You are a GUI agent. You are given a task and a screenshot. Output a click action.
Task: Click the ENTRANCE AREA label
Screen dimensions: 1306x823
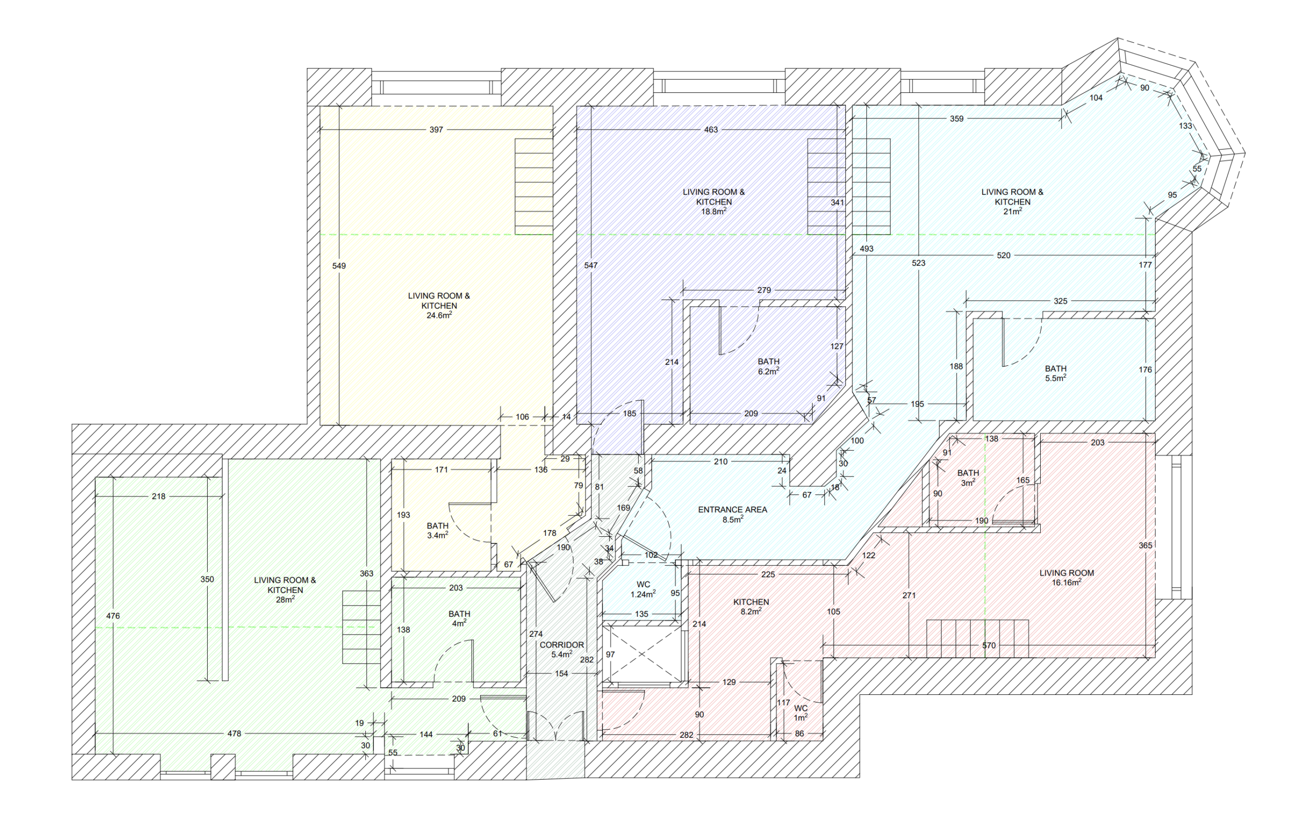click(732, 509)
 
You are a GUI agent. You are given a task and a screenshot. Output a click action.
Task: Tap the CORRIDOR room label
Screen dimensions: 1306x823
click(562, 645)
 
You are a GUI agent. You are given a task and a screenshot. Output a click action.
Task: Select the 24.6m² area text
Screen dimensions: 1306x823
click(439, 315)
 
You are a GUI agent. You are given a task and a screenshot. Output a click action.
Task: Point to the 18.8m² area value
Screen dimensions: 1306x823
click(714, 211)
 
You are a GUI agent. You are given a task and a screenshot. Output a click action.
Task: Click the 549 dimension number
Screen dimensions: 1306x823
click(339, 266)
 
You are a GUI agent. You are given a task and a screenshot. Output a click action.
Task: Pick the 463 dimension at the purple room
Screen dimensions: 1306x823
click(711, 130)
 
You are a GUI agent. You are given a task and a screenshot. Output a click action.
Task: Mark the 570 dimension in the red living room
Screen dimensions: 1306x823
click(989, 645)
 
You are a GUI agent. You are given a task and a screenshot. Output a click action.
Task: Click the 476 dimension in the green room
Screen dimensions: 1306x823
click(113, 616)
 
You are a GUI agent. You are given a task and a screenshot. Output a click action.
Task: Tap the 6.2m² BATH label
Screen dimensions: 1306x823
click(768, 366)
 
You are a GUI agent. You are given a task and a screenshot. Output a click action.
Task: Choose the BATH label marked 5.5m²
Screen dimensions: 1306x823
click(1056, 373)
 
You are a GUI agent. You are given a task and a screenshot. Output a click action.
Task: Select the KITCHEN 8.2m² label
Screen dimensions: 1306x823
click(751, 607)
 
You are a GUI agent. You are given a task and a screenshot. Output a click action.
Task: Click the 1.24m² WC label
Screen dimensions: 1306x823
click(643, 589)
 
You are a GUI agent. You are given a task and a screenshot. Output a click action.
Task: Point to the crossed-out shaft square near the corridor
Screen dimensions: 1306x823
click(642, 654)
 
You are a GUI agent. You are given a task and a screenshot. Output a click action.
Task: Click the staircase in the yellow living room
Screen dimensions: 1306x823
click(534, 187)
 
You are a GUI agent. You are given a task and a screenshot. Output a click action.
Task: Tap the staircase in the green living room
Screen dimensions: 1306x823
click(361, 627)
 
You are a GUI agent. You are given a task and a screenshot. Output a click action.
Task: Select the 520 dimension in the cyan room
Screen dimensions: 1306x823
click(1004, 256)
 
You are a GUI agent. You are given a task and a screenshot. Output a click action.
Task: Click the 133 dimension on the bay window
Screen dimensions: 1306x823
click(1186, 126)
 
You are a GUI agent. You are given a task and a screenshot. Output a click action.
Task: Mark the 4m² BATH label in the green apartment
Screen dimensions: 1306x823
click(459, 619)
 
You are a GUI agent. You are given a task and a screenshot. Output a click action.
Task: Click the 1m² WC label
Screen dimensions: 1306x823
click(800, 713)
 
